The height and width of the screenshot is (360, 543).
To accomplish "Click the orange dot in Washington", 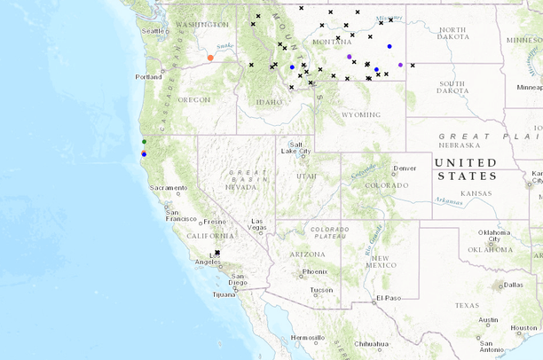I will (210, 58).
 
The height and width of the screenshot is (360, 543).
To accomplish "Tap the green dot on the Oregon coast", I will (144, 142).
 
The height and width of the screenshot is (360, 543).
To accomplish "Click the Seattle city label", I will (154, 31).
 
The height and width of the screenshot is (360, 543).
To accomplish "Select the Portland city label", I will (148, 77).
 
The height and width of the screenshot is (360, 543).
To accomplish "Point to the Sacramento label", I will (169, 188).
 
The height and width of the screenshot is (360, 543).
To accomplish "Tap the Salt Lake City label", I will (298, 149).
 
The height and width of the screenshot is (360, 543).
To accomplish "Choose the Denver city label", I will (405, 168).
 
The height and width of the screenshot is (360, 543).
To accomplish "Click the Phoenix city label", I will (315, 271).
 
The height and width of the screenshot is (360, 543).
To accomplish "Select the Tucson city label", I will (322, 291).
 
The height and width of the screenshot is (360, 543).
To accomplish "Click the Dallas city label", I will (513, 285).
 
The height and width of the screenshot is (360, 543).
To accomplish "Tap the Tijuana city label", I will (224, 293).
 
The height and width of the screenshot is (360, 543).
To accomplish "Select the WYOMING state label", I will (360, 114).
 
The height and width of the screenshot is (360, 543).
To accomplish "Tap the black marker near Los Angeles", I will (217, 253).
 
